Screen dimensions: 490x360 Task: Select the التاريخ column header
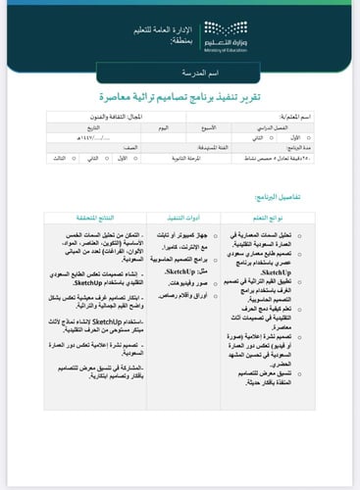point(93,128)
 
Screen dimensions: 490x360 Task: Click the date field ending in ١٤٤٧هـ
point(93,138)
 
